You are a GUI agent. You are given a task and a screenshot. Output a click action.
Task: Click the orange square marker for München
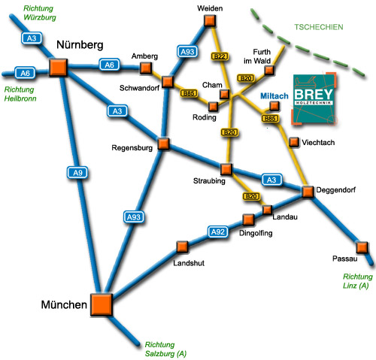(x=102, y=304)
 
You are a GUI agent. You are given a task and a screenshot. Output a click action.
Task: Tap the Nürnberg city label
(x=80, y=45)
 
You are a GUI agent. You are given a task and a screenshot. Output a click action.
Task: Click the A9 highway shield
(x=77, y=173)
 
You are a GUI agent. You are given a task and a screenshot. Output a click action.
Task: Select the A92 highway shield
(x=218, y=231)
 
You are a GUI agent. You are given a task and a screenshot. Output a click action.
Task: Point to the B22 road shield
(x=220, y=56)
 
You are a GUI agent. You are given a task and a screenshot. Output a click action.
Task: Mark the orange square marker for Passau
(x=362, y=247)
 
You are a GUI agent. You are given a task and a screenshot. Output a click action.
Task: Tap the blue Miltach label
(x=274, y=96)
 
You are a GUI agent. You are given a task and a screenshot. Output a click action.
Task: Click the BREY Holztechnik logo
(x=314, y=98)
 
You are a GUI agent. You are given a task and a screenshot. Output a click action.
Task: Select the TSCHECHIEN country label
(x=319, y=27)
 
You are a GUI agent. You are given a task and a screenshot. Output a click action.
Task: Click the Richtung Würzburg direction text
(x=40, y=13)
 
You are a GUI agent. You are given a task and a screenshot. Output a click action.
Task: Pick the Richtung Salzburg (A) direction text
(x=165, y=349)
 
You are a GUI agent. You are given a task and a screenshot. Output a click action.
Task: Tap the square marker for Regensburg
(x=164, y=144)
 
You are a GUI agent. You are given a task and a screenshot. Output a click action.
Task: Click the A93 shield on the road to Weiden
(x=187, y=52)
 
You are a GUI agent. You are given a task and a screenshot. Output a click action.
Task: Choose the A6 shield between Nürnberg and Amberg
(x=109, y=65)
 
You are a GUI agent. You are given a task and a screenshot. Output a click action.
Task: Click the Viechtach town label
(x=318, y=143)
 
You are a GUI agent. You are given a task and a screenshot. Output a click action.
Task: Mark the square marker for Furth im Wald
(x=269, y=71)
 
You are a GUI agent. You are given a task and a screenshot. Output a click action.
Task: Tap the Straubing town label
(x=209, y=181)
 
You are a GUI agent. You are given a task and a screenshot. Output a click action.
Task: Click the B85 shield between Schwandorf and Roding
(x=189, y=93)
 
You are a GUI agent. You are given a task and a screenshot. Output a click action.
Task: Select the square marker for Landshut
(x=182, y=247)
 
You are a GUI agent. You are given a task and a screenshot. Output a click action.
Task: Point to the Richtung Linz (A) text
(x=357, y=281)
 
